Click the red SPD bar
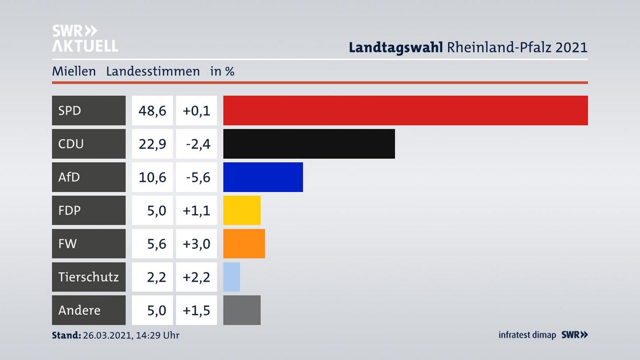pos(405,110)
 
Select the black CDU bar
pos(309,144)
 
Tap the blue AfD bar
pos(263,177)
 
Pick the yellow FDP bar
pos(242,210)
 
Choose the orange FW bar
pos(244,244)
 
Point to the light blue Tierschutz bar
pos(232,277)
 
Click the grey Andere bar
pos(242,310)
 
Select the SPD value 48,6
pos(152,111)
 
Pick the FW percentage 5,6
pos(156,244)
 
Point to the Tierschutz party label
pos(88,277)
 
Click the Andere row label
pos(80,310)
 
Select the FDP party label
pos(70,210)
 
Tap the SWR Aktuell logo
pos(85,38)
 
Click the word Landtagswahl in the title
pos(396,47)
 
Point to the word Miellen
pos(74,71)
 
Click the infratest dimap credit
pos(527,335)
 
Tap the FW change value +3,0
pos(196,244)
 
